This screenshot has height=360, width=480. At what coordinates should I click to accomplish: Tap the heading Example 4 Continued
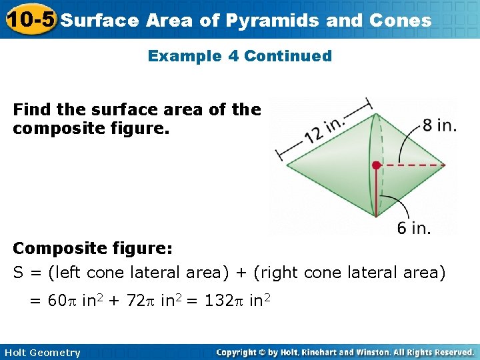239,56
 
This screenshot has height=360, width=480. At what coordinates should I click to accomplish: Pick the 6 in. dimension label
413,228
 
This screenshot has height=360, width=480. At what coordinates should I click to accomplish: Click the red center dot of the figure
377,165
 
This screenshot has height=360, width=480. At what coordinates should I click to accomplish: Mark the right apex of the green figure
445,165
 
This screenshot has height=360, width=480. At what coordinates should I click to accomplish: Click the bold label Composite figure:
93,249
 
